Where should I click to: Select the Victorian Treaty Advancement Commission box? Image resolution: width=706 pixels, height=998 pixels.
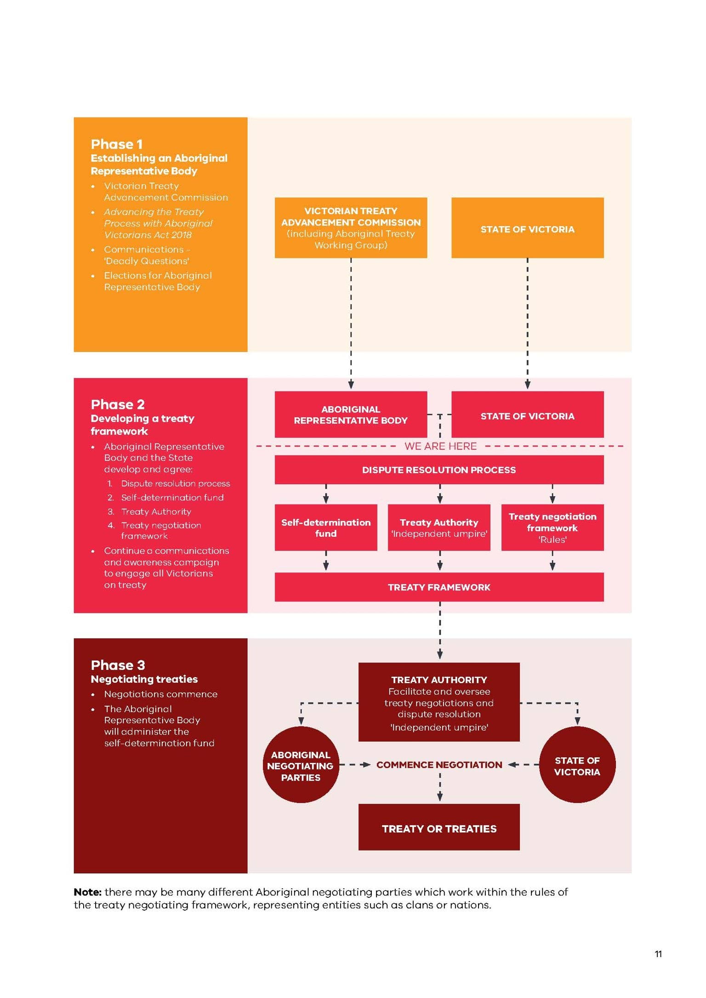[x=351, y=228]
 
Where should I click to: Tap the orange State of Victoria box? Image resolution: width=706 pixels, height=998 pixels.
[x=527, y=228]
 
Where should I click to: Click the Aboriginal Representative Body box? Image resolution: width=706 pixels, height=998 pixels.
[x=351, y=414]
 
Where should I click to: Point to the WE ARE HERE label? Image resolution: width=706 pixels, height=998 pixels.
[x=440, y=446]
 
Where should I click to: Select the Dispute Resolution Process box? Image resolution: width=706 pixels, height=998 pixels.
[x=439, y=470]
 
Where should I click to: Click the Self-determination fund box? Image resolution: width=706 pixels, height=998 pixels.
[x=326, y=527]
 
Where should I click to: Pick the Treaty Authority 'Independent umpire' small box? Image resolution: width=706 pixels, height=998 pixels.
[x=439, y=527]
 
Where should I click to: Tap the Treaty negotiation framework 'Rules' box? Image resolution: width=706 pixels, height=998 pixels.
[x=552, y=527]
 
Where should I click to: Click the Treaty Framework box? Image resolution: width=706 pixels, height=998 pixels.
[x=439, y=587]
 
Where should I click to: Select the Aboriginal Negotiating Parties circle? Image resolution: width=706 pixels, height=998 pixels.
[x=301, y=765]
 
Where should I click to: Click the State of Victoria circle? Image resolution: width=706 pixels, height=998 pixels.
[x=577, y=765]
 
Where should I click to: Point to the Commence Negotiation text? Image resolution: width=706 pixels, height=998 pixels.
[x=439, y=765]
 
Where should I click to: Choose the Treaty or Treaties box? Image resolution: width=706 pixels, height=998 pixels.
[x=439, y=827]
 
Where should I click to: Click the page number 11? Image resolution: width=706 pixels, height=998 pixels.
[x=658, y=954]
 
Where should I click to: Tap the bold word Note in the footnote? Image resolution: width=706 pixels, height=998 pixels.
[x=87, y=892]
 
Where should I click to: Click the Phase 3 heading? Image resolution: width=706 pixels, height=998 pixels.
[x=118, y=665]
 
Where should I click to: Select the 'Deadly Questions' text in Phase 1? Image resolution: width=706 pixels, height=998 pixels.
[x=147, y=261]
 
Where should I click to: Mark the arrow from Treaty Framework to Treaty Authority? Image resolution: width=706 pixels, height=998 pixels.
[x=440, y=630]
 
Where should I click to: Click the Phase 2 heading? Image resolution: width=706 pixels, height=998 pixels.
[x=118, y=404]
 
